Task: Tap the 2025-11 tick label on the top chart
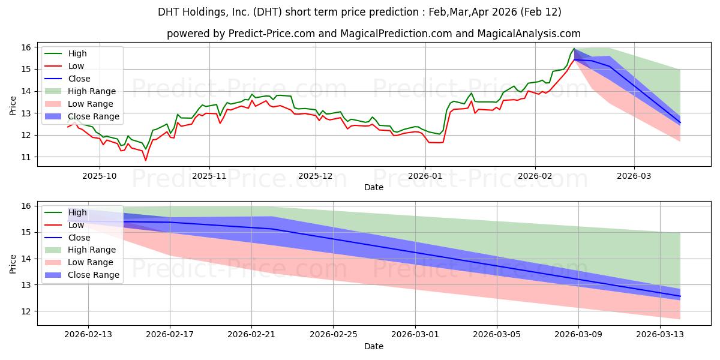(x=209, y=176)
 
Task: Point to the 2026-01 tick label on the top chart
(x=425, y=176)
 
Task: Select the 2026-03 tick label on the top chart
(x=634, y=176)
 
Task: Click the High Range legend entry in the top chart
(x=92, y=91)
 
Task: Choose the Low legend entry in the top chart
(x=76, y=66)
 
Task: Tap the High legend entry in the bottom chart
(x=77, y=212)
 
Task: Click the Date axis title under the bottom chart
(x=374, y=347)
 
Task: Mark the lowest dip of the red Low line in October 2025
(x=145, y=160)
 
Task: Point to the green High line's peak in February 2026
(x=574, y=49)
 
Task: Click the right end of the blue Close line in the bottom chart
(x=680, y=296)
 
